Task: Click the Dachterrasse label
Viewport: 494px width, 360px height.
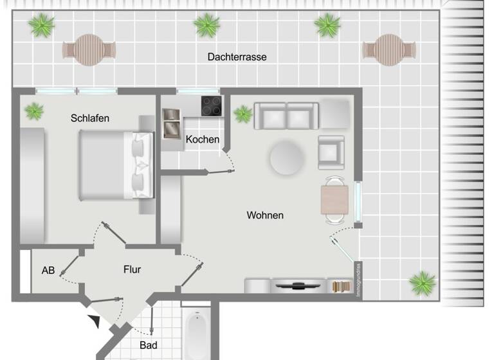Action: coord(237,57)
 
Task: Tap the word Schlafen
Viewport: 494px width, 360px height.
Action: coord(90,118)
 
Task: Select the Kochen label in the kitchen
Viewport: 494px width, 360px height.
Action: coord(203,139)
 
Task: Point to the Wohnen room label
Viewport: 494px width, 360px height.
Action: coord(265,215)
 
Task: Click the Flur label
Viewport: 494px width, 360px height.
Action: coord(132,269)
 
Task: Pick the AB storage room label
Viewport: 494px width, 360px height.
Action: coord(48,271)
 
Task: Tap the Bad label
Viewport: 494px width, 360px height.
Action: coord(148,346)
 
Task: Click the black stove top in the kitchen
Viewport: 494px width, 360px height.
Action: coord(212,106)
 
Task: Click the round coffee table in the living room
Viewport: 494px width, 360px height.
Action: coord(287,158)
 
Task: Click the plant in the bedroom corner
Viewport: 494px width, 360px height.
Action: coord(33,112)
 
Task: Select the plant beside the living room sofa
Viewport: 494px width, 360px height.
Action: coord(243,114)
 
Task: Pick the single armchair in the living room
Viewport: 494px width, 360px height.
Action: coord(331,152)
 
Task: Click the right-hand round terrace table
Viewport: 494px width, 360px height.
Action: coord(387,50)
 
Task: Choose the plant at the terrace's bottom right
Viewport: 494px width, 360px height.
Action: coord(423,282)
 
